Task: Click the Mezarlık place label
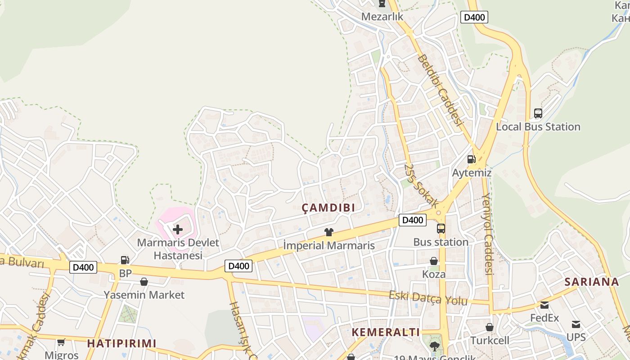coord(382,17)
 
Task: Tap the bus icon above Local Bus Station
coord(538,113)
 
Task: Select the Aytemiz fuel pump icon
coord(471,159)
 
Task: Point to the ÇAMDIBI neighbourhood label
coord(328,207)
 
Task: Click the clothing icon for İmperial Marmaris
coord(329,232)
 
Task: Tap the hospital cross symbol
coord(178,230)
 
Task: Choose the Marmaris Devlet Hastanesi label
coord(178,249)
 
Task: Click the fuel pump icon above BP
coord(125,260)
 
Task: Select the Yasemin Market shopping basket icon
coord(144,282)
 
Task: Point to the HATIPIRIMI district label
coord(121,343)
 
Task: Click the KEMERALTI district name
coord(386,332)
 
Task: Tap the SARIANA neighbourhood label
coord(592,282)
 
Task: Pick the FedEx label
coord(544,318)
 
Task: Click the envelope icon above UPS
coord(576,324)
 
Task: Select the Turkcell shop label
coord(490,340)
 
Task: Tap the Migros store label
coord(62,355)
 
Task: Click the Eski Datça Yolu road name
coord(428,298)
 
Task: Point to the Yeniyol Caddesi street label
coord(487,234)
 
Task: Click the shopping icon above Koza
coord(434,261)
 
